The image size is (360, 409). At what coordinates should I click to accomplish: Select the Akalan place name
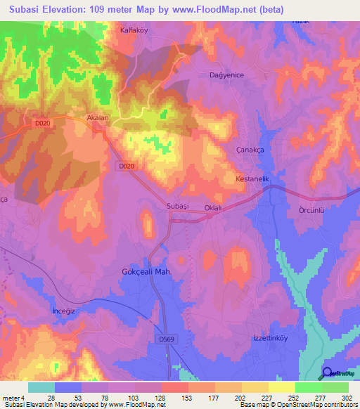[97, 118]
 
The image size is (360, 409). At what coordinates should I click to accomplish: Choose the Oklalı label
[212, 207]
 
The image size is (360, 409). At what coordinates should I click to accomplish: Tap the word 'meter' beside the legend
[10, 398]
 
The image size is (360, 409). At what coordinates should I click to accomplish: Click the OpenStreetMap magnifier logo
[328, 373]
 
